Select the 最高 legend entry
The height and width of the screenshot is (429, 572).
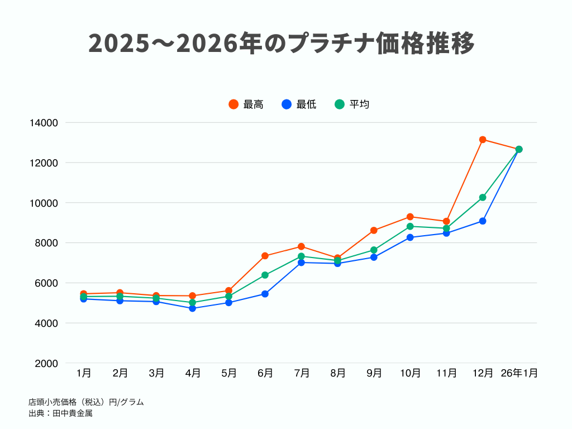pyautogui.click(x=246, y=104)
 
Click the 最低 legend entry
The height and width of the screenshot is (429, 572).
pyautogui.click(x=299, y=104)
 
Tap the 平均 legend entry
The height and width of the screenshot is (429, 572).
pyautogui.click(x=352, y=104)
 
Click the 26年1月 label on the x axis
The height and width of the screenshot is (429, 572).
pyautogui.click(x=519, y=373)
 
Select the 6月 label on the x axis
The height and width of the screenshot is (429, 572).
pyautogui.click(x=265, y=373)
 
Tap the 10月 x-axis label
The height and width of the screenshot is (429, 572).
pyautogui.click(x=410, y=373)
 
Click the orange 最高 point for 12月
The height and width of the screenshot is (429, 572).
pyautogui.click(x=483, y=140)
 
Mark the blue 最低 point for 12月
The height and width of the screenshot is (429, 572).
pyautogui.click(x=483, y=221)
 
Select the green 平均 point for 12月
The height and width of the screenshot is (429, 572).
pyautogui.click(x=483, y=197)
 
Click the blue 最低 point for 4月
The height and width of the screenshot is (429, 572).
pyautogui.click(x=193, y=308)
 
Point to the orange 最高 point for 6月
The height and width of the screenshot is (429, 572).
pyautogui.click(x=265, y=256)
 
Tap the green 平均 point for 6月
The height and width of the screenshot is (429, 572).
pyautogui.click(x=265, y=275)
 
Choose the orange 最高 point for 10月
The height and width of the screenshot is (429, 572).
pyautogui.click(x=410, y=217)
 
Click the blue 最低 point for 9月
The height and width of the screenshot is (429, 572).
pyautogui.click(x=374, y=258)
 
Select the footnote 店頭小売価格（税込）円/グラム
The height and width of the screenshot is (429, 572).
pyautogui.click(x=86, y=402)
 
